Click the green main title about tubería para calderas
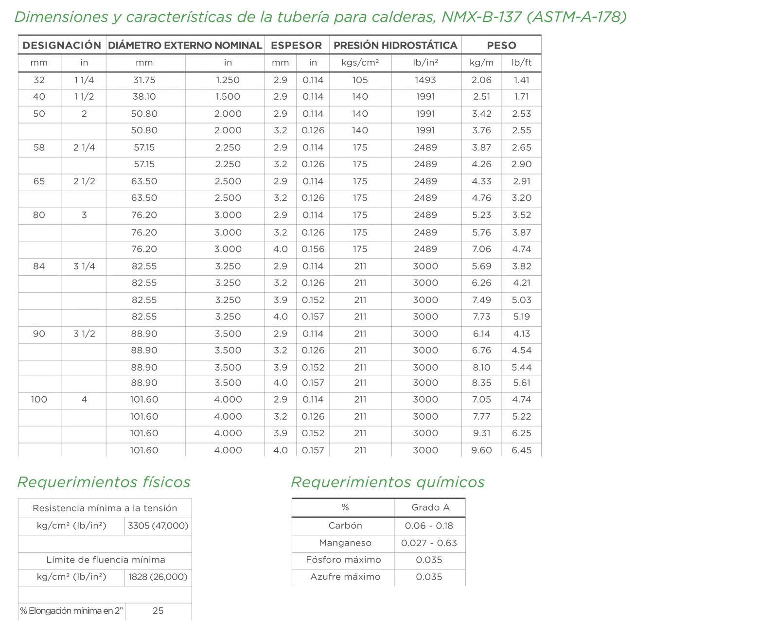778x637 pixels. (x=321, y=17)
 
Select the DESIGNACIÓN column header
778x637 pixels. (x=61, y=45)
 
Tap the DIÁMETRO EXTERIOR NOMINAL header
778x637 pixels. (x=184, y=45)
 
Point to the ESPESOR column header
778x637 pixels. (x=297, y=45)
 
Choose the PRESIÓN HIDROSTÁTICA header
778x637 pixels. (x=395, y=45)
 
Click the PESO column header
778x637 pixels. (x=501, y=45)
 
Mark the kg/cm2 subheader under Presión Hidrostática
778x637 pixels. (x=360, y=63)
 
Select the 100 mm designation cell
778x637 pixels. (x=39, y=400)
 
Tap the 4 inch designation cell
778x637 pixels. (x=84, y=400)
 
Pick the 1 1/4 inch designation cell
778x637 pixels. (x=84, y=80)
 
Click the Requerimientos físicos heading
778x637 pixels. (x=103, y=483)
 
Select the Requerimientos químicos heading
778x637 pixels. (x=387, y=483)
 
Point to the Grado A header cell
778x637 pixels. (x=430, y=508)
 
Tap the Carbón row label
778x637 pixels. (x=343, y=526)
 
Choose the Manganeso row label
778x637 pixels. (x=343, y=543)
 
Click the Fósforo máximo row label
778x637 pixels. (x=343, y=560)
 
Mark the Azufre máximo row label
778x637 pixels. (x=343, y=578)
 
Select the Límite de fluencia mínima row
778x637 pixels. (x=105, y=560)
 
